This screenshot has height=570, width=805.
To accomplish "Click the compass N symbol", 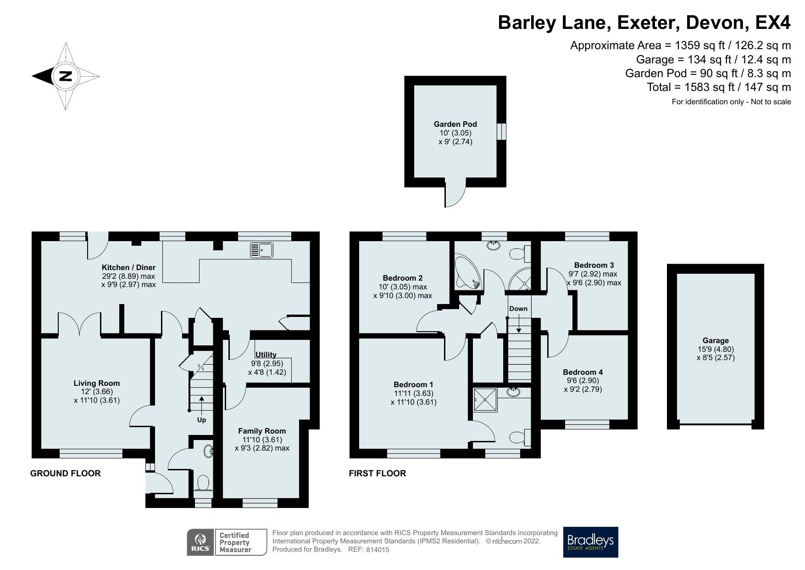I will [66, 76].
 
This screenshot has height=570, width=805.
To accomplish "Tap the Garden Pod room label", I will [455, 124].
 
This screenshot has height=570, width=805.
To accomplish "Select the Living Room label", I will [96, 383].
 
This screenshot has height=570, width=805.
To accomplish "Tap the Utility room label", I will [266, 355].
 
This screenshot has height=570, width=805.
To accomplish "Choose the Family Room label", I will [262, 431].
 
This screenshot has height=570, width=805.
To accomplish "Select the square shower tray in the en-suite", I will [485, 400].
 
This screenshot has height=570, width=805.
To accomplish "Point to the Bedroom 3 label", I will [594, 265].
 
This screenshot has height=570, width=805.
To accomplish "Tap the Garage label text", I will [716, 340].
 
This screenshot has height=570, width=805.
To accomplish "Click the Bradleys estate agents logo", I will [590, 542].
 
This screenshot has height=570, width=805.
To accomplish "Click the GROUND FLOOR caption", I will [65, 473].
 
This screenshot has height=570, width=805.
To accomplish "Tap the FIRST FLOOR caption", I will [377, 473].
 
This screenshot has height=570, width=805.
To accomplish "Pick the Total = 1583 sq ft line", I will [718, 87].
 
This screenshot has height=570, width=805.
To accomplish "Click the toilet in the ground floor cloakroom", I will [203, 484].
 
